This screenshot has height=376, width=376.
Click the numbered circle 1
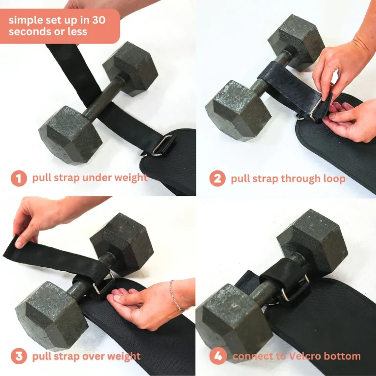pyautogui.click(x=19, y=178)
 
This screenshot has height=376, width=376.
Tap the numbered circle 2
pyautogui.click(x=217, y=178)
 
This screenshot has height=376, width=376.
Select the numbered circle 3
pyautogui.click(x=19, y=356)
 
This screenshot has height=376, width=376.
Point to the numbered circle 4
pyautogui.click(x=218, y=356)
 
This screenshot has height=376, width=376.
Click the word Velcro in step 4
pyautogui.click(x=304, y=356)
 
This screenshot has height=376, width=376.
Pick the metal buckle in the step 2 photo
pyautogui.click(x=315, y=109)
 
